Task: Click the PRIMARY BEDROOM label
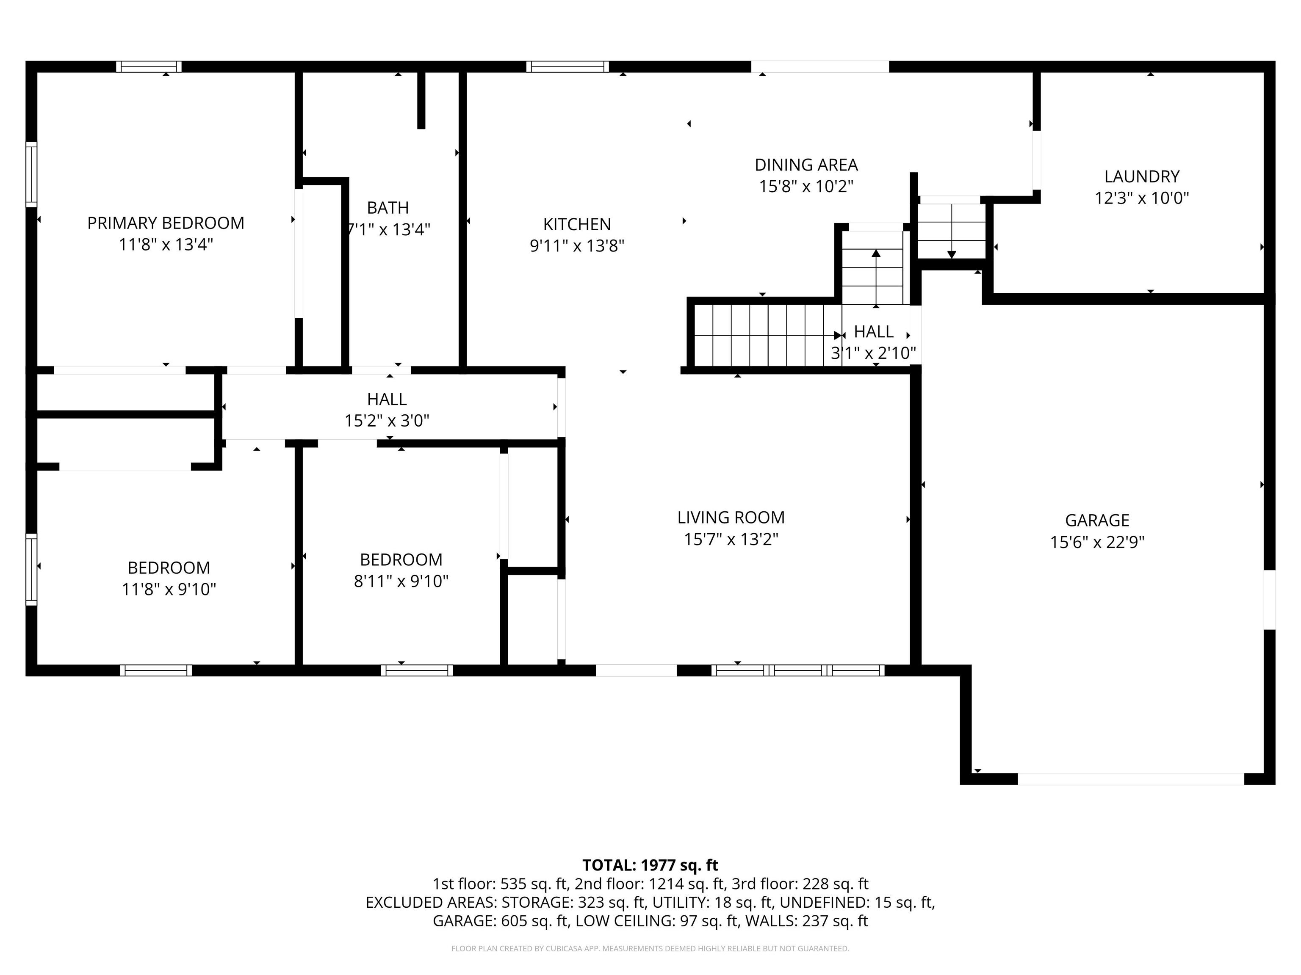[x=166, y=223]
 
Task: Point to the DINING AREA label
[x=806, y=165]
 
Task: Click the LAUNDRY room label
[x=1142, y=176]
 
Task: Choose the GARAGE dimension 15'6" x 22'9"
[x=1097, y=542]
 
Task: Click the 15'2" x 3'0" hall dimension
[x=387, y=421]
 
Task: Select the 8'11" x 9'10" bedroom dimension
[x=401, y=581]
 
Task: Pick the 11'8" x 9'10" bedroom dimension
[x=169, y=589]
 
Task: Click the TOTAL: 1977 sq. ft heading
[x=650, y=865]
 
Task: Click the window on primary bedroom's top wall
[x=149, y=66]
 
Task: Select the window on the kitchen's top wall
[x=567, y=66]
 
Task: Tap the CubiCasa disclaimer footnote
[x=650, y=949]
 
